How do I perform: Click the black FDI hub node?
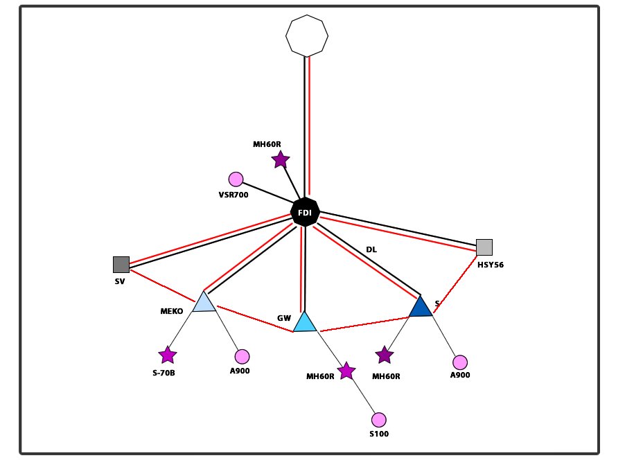pos(305,213)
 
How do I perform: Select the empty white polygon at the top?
pos(307,35)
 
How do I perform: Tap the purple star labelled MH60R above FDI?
pos(280,160)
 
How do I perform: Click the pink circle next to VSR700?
pos(236,179)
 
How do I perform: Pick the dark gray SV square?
pos(121,264)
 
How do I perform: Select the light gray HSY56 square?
pos(484,247)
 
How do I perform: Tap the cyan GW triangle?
pos(305,323)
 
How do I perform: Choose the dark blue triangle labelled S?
pos(420,307)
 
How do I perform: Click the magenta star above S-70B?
pos(168,355)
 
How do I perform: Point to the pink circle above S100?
pos(378,420)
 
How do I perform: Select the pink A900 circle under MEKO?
pos(242,357)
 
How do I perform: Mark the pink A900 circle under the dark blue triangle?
pos(460,362)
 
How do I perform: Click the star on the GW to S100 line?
pos(346,371)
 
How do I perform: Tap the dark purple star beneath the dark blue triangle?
pos(385,355)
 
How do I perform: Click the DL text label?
pos(371,249)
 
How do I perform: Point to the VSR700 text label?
pos(233,195)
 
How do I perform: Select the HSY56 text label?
pos(490,265)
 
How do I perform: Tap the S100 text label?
pos(379,434)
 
